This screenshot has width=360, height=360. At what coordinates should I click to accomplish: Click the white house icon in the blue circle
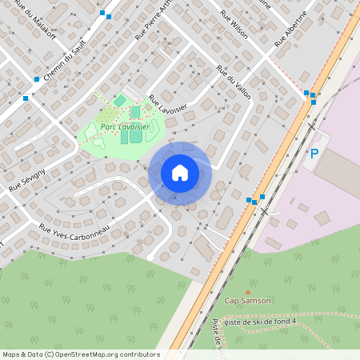180,173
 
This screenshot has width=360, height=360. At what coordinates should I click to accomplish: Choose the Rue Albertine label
291,30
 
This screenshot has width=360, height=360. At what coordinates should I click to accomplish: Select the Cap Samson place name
247,301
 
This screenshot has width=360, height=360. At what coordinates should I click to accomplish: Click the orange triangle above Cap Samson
247,291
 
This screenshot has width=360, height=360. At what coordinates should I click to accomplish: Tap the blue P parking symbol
314,154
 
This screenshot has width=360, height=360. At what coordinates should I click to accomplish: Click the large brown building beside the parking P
340,171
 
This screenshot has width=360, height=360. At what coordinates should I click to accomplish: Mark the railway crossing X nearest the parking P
310,127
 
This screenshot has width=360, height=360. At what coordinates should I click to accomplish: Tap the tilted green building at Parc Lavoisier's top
119,101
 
